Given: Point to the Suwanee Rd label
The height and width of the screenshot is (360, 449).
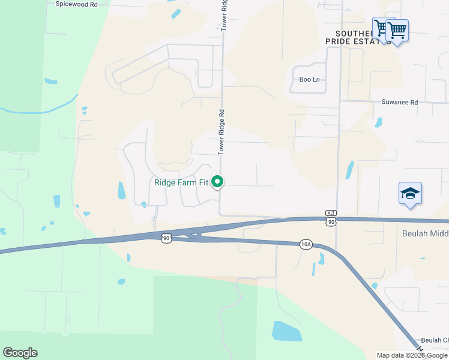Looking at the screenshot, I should pyautogui.click(x=399, y=102).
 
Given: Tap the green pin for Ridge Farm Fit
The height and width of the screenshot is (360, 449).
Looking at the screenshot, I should pyautogui.click(x=218, y=181).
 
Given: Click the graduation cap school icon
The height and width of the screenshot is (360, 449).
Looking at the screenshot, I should pyautogui.click(x=410, y=194).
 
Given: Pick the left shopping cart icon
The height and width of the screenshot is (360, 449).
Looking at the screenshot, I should pyautogui.click(x=381, y=27).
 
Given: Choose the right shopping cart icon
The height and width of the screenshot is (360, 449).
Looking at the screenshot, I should pyautogui.click(x=397, y=29).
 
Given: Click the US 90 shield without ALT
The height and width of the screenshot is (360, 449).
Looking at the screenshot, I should pyautogui.click(x=166, y=239).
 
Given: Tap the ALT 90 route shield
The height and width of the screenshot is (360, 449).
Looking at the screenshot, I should pyautogui.click(x=331, y=219).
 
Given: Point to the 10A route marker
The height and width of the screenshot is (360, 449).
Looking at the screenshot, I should pyautogui.click(x=306, y=244).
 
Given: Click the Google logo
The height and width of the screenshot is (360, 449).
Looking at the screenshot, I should pyautogui.click(x=20, y=353).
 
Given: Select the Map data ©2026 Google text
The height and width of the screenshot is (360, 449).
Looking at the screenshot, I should pyautogui.click(x=412, y=355).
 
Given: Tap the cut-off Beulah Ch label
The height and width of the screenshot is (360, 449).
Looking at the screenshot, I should pyautogui.click(x=434, y=340).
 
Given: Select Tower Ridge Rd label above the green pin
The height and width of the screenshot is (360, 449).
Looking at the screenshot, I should pyautogui.click(x=221, y=132).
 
